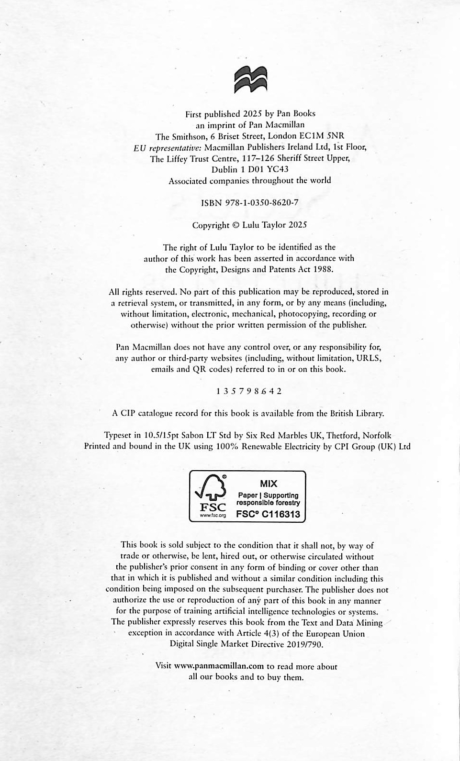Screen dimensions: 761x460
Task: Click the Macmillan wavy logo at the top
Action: (250, 79)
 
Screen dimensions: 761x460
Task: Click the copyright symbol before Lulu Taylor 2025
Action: (236, 225)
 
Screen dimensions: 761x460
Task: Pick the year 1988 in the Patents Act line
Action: (323, 269)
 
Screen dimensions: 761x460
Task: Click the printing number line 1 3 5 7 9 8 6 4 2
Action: (249, 391)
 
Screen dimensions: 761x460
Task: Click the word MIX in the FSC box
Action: (269, 484)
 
